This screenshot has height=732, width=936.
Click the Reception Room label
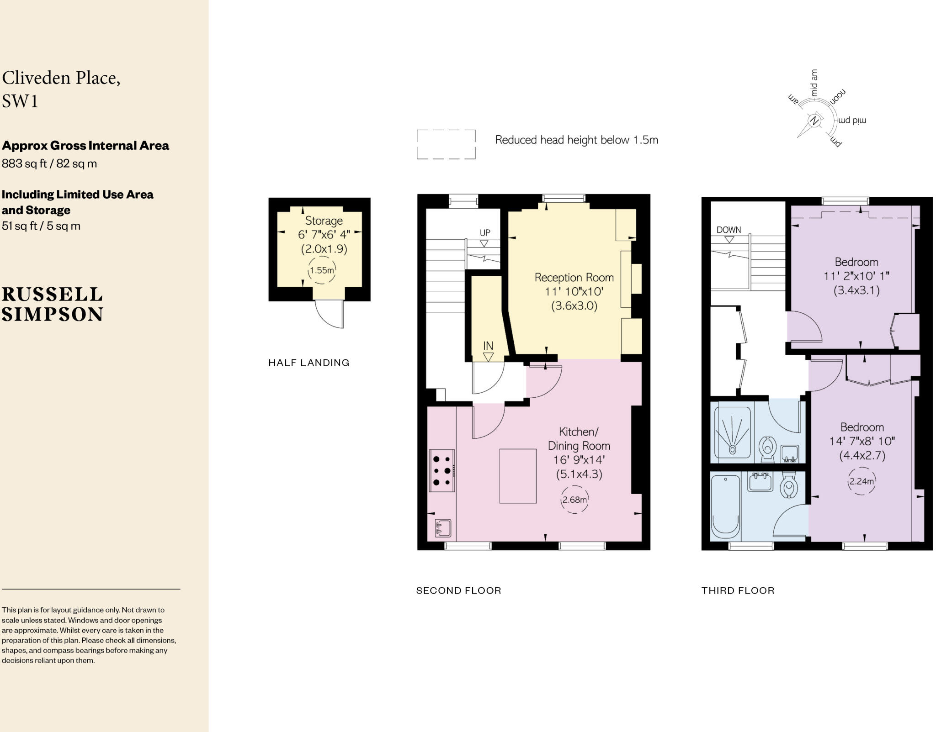pos(574,277)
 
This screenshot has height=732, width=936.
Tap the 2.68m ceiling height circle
pos(574,500)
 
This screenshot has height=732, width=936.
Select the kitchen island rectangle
pos(517,476)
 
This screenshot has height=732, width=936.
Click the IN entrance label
pos(488,346)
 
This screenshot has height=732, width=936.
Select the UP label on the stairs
pos(485,232)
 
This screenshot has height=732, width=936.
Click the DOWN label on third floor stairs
pos(729,230)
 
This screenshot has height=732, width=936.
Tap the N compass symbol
pos(814,121)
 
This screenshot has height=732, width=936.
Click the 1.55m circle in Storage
pos(322,270)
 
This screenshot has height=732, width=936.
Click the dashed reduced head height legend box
pos(446,144)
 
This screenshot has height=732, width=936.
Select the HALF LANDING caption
pos(308,363)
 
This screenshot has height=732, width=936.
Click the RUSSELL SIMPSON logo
pos(53,304)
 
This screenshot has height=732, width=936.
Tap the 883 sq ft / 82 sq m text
pos(49,163)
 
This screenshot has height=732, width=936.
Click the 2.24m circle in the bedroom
pos(862,481)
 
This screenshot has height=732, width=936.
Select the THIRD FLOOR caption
pos(738,590)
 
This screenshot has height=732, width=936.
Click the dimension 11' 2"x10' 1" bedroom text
pos(856,276)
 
